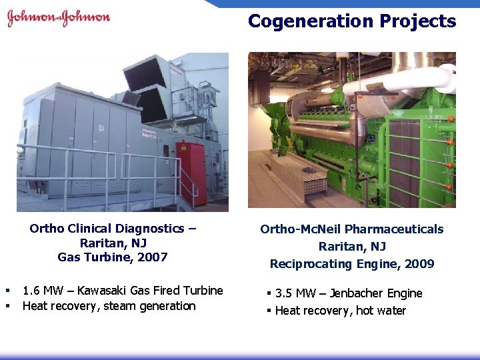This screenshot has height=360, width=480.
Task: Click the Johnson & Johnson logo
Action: pyautogui.click(x=58, y=18)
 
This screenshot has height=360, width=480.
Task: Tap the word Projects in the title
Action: pyautogui.click(x=419, y=21)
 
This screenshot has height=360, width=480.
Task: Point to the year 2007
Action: pyautogui.click(x=153, y=257)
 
